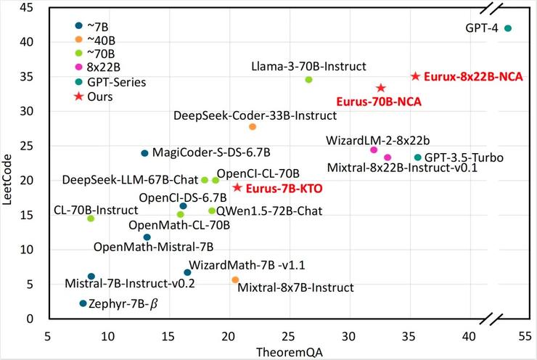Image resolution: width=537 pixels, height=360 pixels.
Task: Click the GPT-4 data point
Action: point(508,28)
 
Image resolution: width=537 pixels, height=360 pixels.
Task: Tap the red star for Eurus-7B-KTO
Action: point(237,188)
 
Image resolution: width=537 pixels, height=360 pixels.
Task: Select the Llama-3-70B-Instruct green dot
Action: point(308,79)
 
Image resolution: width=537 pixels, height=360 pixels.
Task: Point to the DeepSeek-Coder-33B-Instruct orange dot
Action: point(253,127)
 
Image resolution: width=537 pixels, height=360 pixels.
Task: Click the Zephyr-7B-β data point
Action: point(83,303)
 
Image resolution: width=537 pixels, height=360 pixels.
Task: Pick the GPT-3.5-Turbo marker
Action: point(418,157)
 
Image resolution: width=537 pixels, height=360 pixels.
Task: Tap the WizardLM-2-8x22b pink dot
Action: point(374,150)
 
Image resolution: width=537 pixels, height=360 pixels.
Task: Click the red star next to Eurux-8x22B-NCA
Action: point(416,76)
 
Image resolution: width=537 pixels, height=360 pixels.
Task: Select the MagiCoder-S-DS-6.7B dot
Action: point(144,153)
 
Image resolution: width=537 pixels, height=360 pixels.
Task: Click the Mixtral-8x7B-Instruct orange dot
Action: point(235,280)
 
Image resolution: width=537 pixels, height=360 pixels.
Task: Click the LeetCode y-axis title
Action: point(9,164)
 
